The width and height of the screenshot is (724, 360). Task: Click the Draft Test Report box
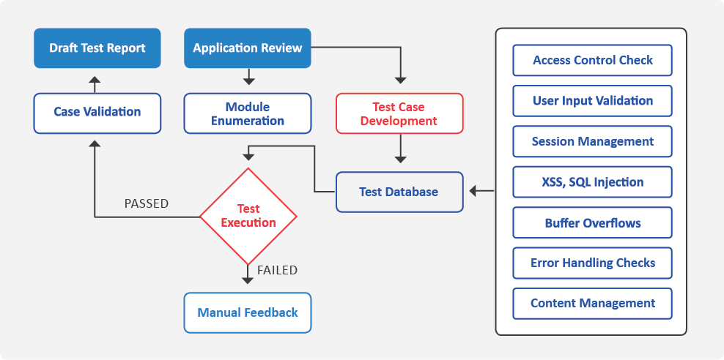click(x=97, y=48)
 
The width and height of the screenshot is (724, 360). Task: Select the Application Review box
click(x=248, y=48)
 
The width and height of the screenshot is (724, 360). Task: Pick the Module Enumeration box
click(x=248, y=113)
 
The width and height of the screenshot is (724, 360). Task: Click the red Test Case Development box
click(x=399, y=113)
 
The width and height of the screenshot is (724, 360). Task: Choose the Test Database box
click(x=399, y=192)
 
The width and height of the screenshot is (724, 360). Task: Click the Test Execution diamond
click(x=248, y=216)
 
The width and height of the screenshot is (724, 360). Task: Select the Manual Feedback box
click(x=248, y=312)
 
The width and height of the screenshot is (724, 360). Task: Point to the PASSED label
click(x=147, y=203)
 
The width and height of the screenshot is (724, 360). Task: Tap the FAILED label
click(x=277, y=270)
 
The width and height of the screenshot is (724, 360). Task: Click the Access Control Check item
click(x=592, y=60)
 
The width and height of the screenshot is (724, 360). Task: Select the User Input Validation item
click(x=592, y=100)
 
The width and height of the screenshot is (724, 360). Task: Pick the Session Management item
click(x=592, y=141)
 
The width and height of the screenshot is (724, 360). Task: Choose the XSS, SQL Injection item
click(x=592, y=181)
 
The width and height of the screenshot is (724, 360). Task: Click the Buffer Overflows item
click(x=592, y=222)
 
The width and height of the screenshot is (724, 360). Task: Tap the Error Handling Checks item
click(x=592, y=263)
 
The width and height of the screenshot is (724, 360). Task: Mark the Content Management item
click(x=592, y=304)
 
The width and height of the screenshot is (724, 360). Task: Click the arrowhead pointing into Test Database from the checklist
click(x=473, y=190)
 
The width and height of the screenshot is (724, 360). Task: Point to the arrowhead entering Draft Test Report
click(x=95, y=80)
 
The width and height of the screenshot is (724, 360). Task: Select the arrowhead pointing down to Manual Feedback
click(x=248, y=280)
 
